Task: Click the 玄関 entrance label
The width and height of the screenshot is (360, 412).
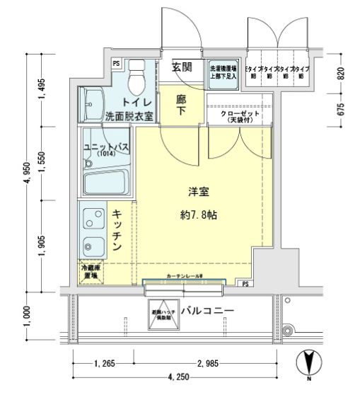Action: click(182, 68)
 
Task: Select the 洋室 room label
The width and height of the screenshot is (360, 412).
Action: click(197, 192)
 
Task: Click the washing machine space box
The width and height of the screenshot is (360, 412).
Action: click(221, 74)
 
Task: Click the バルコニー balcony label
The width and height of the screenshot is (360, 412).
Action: click(207, 311)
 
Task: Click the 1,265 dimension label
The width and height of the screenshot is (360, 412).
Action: click(105, 365)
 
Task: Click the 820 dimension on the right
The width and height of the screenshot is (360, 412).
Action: click(340, 72)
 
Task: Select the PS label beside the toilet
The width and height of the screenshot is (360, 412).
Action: click(116, 64)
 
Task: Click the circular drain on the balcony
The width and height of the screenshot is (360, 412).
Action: click(287, 331)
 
